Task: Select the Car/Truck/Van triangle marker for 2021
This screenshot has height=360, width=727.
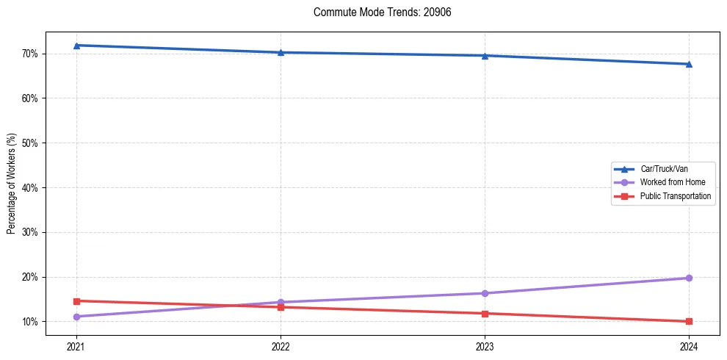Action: point(76,46)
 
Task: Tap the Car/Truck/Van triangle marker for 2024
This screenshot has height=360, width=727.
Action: point(689,64)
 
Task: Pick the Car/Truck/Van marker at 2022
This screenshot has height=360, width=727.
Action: point(281,52)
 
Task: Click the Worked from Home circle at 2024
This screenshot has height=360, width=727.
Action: point(689,278)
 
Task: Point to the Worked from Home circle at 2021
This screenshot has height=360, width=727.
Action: point(76,317)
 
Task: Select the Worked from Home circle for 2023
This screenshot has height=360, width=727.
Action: point(485,293)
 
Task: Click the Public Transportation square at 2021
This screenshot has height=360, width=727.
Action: point(76,300)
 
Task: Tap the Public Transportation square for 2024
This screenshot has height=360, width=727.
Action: point(689,321)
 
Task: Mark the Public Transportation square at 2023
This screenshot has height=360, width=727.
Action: point(485,314)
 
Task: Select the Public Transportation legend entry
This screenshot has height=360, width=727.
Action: point(675,196)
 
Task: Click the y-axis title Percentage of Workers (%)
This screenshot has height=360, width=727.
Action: point(12,184)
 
